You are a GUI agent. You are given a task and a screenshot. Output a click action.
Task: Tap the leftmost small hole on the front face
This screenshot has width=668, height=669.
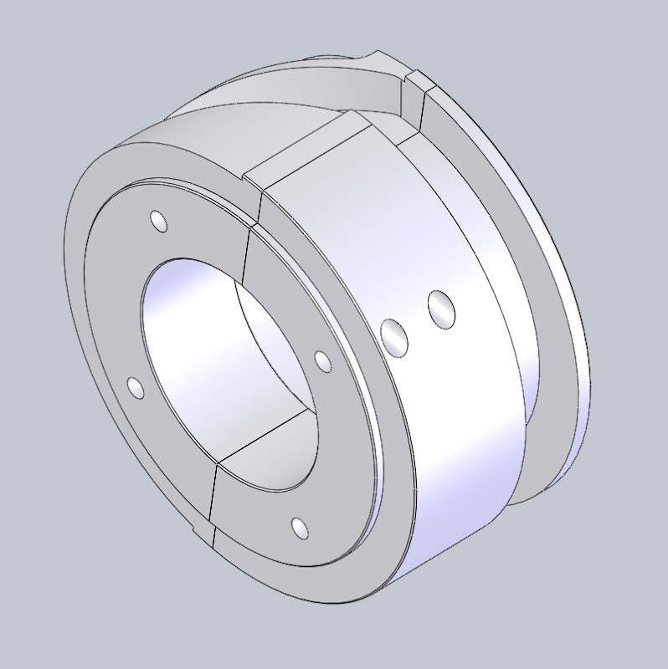[x=134, y=386]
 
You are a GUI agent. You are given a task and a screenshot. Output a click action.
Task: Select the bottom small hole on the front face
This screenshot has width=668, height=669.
[x=299, y=527]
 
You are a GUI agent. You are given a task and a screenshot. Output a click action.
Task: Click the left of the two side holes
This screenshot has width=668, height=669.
[x=394, y=337]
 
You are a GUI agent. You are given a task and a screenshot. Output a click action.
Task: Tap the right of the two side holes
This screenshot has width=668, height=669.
[x=441, y=309]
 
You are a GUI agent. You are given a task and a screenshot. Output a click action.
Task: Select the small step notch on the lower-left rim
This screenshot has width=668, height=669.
[x=199, y=532]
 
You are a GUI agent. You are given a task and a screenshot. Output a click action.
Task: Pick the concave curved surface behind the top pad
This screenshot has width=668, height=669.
[x=251, y=117]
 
